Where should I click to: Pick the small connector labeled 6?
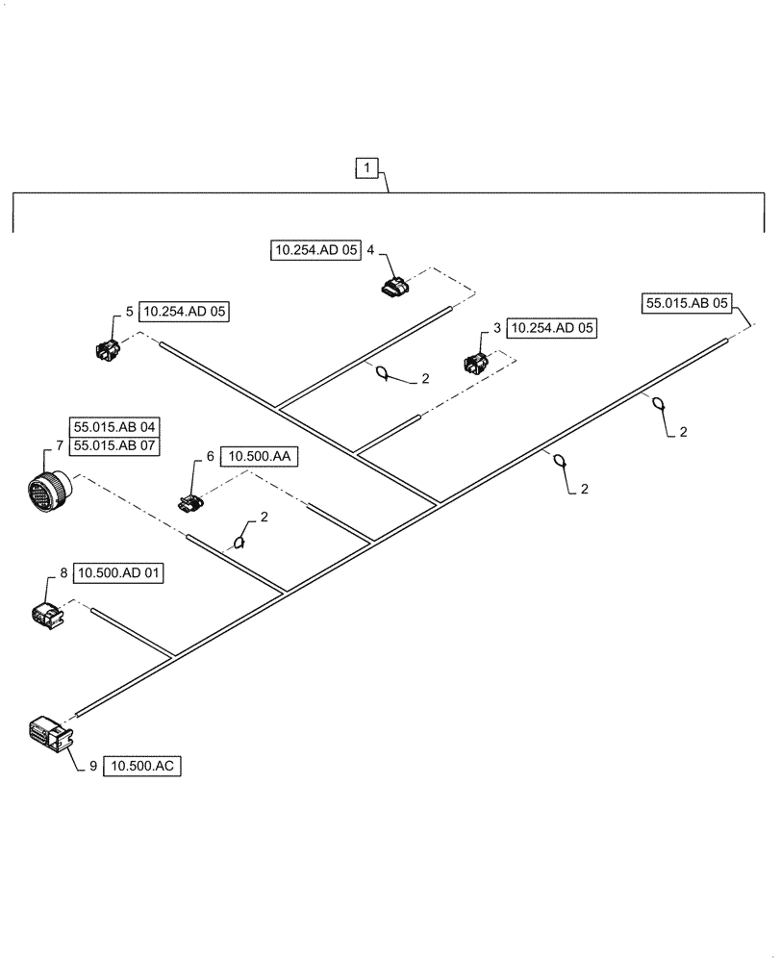(x=189, y=501)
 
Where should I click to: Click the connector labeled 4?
(x=395, y=285)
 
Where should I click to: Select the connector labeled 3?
(x=476, y=362)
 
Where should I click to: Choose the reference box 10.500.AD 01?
(x=119, y=573)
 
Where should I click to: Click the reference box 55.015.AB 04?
(x=113, y=426)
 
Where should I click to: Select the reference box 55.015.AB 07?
(x=113, y=445)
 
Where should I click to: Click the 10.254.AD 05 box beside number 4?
(x=315, y=250)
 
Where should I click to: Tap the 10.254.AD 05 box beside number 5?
(x=186, y=312)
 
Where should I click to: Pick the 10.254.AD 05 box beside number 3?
(x=552, y=328)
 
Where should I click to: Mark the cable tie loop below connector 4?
(x=382, y=374)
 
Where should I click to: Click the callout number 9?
(x=93, y=767)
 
